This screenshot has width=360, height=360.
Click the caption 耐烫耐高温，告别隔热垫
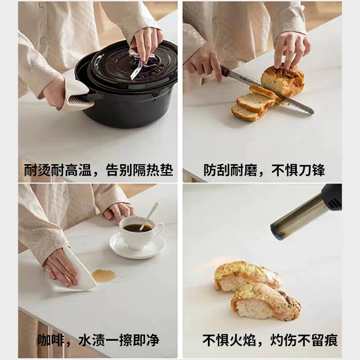pyautogui.click(x=98, y=171)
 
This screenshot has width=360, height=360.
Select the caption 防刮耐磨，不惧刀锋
pyautogui.click(x=264, y=171)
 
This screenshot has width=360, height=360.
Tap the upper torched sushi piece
pyautogui.click(x=245, y=275)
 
